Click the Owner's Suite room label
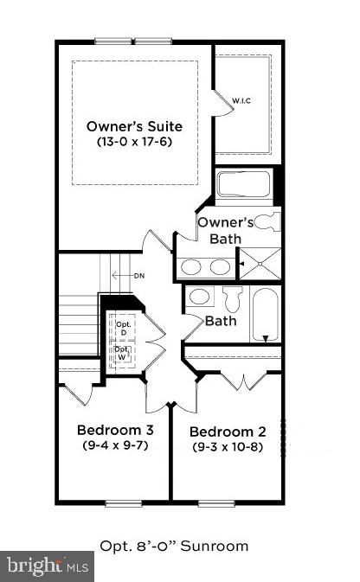pos(134,126)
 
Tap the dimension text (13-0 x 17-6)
pos(134,142)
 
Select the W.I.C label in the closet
pos(241,101)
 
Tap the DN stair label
pos(139,277)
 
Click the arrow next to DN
pos(122,277)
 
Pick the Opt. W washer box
pos(123,355)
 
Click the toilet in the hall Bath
pos(231,299)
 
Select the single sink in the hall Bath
pos(201,297)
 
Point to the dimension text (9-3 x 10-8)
pos(227,447)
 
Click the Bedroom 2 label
pos(227,432)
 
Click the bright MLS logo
pos(48,566)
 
